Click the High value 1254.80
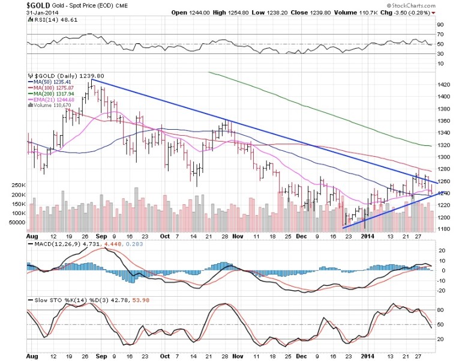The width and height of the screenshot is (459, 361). [262, 12]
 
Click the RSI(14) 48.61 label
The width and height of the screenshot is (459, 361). [50, 20]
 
